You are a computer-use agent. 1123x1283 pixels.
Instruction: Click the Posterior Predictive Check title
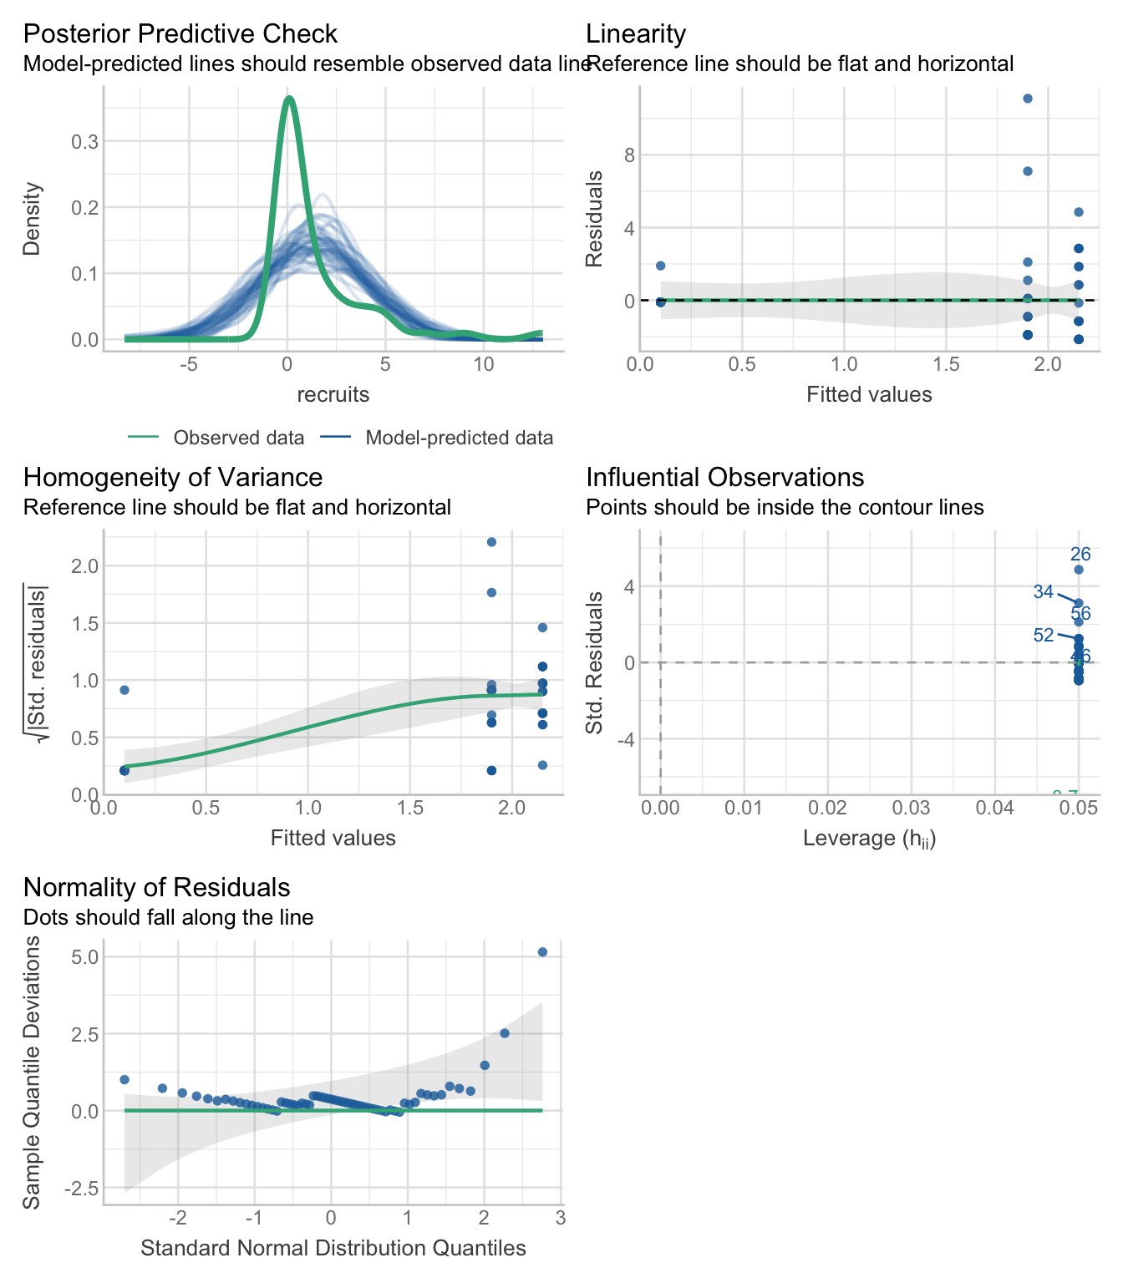180,34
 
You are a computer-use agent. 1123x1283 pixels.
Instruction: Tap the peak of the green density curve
288,99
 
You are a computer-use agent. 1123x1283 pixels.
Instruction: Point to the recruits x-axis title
333,394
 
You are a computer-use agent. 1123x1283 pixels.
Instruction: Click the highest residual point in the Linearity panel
1028,99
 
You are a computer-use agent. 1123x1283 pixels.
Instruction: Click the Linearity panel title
636,34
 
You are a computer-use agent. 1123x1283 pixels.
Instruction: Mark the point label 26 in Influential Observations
1080,555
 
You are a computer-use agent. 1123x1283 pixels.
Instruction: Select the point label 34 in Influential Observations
1043,592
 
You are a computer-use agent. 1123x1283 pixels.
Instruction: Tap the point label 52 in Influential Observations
1044,636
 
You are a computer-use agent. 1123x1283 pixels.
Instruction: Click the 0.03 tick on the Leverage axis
911,809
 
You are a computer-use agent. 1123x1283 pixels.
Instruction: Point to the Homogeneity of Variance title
173,477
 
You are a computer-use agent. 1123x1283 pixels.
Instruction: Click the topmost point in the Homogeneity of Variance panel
491,542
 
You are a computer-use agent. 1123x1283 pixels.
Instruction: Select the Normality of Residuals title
156,887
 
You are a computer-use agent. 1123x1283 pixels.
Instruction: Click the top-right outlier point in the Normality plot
542,952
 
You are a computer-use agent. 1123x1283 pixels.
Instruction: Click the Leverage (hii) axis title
869,839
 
